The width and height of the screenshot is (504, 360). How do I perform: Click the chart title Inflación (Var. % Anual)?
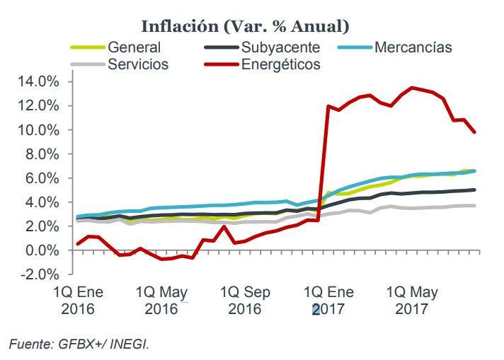click(246, 26)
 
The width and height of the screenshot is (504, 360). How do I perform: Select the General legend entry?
click(134, 48)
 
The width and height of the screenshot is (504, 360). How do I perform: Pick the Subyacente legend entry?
click(280, 48)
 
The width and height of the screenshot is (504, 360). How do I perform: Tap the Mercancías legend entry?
click(413, 48)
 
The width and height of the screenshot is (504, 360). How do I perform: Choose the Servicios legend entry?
click(137, 64)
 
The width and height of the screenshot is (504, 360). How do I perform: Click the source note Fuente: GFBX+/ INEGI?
click(79, 344)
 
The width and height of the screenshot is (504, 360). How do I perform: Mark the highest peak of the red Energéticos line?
click(413, 88)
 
